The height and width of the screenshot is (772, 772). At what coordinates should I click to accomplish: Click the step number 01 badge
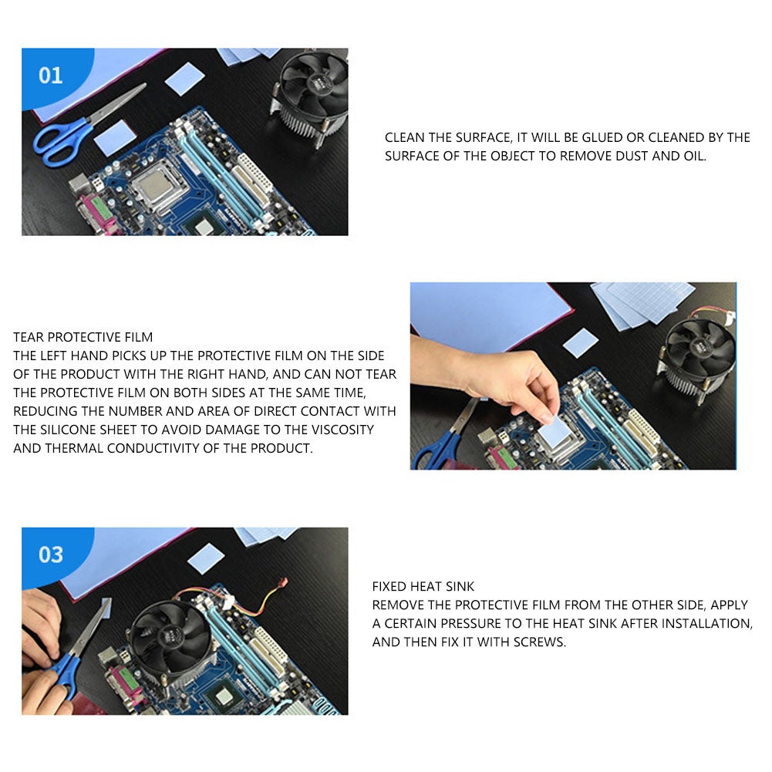click(51, 76)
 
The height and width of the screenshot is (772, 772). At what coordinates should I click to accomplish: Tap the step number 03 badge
click(51, 555)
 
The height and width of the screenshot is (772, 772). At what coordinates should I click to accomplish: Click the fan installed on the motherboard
click(170, 636)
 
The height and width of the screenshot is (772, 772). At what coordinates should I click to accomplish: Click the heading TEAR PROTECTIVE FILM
click(83, 337)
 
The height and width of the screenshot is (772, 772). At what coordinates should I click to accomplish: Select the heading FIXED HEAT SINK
click(423, 587)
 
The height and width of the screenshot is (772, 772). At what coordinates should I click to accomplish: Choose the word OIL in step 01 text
click(693, 156)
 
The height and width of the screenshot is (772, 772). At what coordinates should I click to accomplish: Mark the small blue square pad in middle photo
click(581, 342)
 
